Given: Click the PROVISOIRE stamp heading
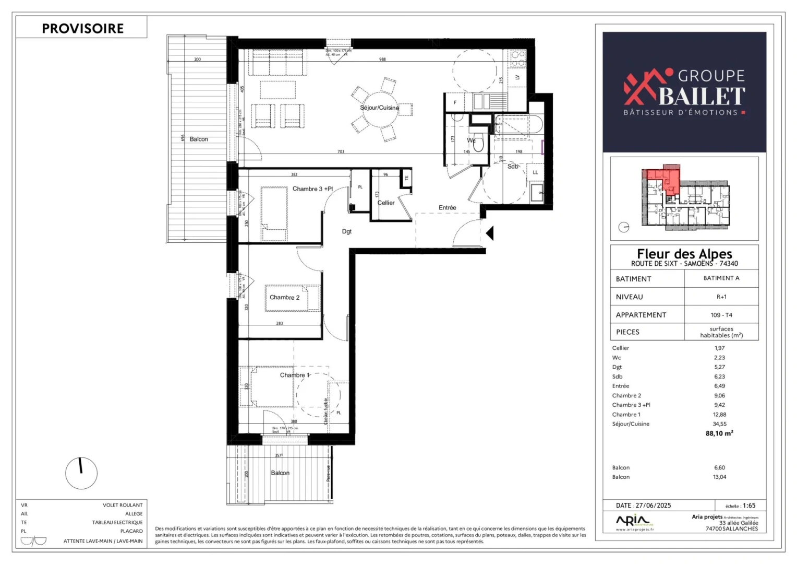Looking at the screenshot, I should point(82,28).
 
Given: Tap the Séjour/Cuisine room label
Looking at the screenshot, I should point(379,108).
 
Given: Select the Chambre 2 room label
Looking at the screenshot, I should point(284,297).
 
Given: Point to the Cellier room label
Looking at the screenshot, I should point(386,203).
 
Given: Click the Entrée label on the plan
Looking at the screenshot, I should point(447,207).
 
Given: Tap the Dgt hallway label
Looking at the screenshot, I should point(347,231).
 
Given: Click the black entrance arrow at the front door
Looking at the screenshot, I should point(489,233).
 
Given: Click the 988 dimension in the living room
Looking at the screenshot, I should point(382,59).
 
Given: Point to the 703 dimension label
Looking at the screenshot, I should point(341,151).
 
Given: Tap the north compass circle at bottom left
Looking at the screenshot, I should point(81,473).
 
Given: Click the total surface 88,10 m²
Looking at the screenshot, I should point(719,433).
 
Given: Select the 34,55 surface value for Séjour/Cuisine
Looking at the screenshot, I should point(719,424).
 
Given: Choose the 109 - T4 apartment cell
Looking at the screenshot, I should point(721,315).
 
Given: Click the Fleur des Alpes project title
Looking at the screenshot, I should point(684,254).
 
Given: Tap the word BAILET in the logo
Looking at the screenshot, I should point(702,96).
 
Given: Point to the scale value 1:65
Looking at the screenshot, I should point(749,506).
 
